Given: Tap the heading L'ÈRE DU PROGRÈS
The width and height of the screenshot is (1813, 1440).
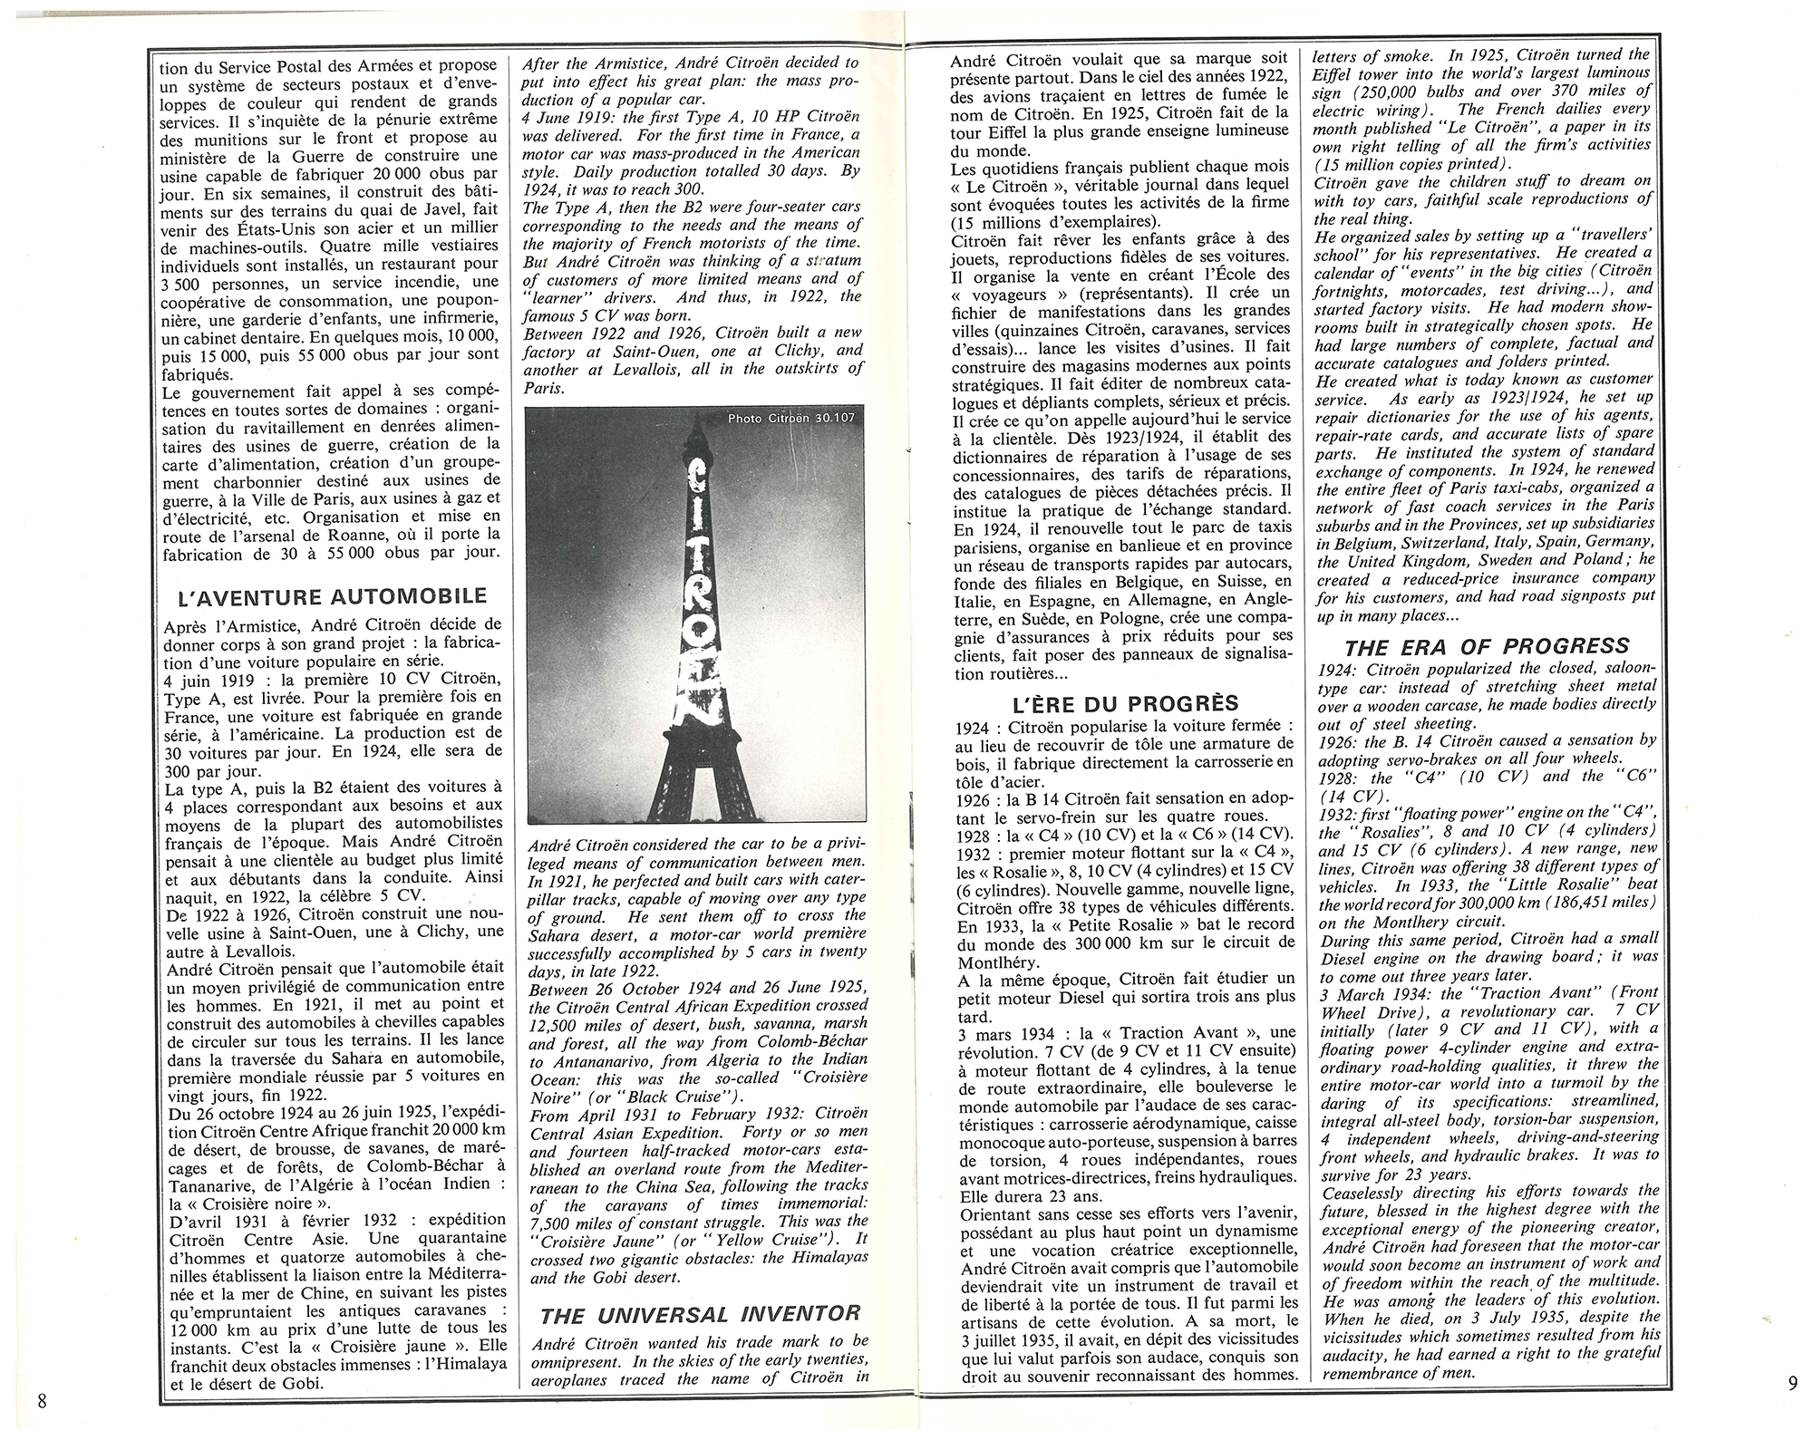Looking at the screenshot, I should (x=1123, y=703).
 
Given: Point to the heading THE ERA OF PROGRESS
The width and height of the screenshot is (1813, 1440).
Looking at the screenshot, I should (x=1487, y=646).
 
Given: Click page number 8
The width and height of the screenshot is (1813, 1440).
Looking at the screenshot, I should (x=42, y=1401).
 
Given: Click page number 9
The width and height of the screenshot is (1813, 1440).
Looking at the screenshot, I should (x=1768, y=1382).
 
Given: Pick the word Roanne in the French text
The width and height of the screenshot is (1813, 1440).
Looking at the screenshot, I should (x=331, y=534).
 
